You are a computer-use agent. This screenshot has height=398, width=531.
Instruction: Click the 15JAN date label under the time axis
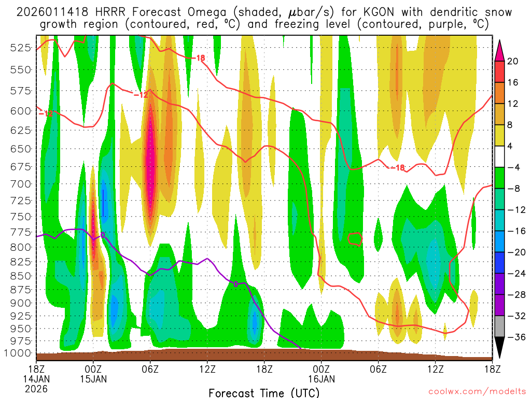pos(93,379)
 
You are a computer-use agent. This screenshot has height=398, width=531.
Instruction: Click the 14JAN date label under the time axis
pos(36,379)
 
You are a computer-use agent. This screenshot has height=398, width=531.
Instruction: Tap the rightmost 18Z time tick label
pos(492,369)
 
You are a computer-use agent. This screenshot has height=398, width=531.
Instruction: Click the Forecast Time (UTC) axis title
pos(264,392)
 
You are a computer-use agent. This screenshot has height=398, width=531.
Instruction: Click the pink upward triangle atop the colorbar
pos(500,50)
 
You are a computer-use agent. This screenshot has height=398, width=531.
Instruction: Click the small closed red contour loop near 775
pos(355,239)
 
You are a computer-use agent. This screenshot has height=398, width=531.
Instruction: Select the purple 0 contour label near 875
pos(235,284)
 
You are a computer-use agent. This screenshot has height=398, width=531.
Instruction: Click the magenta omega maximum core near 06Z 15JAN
pos(150,155)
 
